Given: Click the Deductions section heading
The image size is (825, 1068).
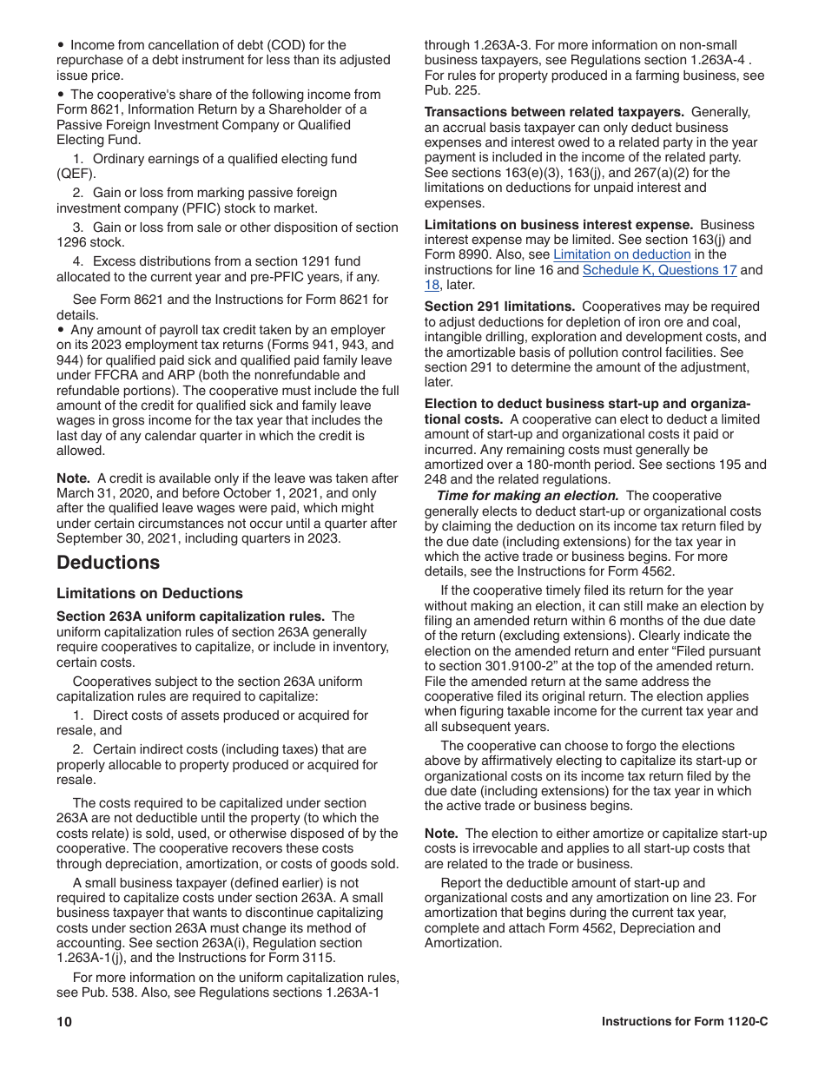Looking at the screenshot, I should click(108, 563).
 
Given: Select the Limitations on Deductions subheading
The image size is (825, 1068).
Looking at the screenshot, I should click(149, 594).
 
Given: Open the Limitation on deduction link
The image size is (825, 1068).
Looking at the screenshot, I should click(622, 255).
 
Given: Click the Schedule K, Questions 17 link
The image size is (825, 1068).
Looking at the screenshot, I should click(659, 270).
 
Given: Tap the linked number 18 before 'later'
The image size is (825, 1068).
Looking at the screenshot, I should click(432, 285).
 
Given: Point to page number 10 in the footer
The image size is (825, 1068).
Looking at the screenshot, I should click(64, 1022).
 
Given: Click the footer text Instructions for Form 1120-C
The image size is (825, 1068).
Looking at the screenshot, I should click(684, 1022).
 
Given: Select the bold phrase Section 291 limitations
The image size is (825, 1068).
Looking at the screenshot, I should click(499, 307).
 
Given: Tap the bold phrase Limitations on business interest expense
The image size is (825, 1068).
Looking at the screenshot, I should click(558, 225).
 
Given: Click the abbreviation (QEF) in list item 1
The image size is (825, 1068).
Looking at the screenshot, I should click(75, 174).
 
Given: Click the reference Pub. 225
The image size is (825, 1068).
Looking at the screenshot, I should click(452, 90).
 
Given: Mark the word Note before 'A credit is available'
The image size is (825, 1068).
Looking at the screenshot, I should click(73, 478).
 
